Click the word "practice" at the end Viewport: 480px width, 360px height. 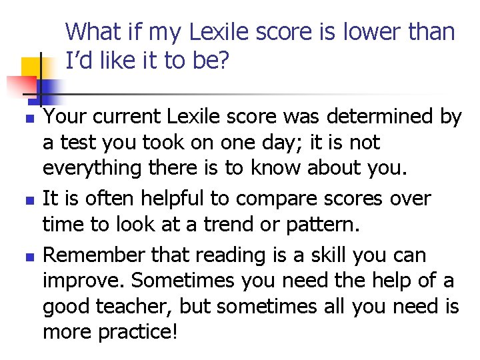point(134,333)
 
